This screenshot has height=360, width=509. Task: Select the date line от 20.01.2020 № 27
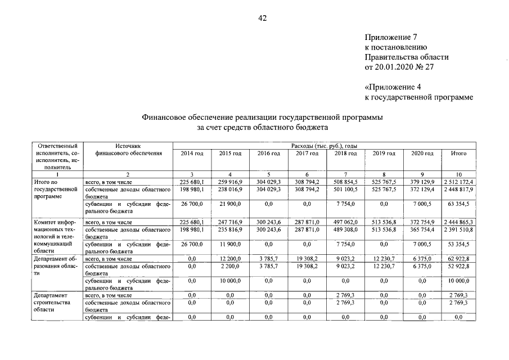pyautogui.click(x=400, y=67)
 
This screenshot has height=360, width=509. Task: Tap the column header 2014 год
pyautogui.click(x=191, y=153)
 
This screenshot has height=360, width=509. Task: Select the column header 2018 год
pyautogui.click(x=346, y=153)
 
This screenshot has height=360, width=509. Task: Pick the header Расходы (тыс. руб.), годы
pyautogui.click(x=324, y=146)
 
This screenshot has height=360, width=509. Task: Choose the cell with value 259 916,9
pyautogui.click(x=230, y=182)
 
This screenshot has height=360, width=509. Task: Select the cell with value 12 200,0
pyautogui.click(x=230, y=258)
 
